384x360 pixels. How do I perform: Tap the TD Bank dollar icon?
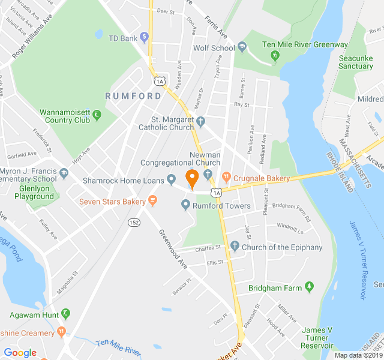coord(144,37)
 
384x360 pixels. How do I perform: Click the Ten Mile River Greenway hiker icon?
coord(275,55)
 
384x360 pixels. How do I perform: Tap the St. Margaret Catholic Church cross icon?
coord(201,122)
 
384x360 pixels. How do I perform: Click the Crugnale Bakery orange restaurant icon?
coord(226,178)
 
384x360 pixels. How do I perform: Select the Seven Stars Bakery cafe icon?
coord(153,201)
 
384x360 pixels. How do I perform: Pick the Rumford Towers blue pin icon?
coord(185,206)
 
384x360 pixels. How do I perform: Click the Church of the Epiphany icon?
coord(235,247)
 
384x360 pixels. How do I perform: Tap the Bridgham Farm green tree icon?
coord(310,288)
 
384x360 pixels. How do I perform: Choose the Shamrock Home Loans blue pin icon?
coord(171,178)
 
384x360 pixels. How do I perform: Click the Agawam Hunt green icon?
coord(65,314)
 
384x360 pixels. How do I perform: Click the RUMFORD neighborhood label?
coord(133,96)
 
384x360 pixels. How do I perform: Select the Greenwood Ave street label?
coord(173,248)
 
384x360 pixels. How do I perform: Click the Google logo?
coord(20,353)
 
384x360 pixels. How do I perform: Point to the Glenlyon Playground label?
coord(34,196)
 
